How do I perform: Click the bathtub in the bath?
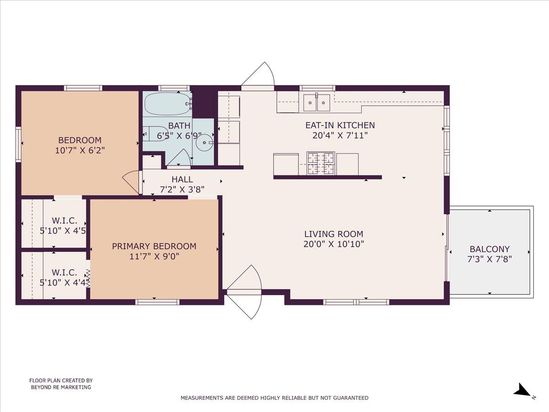point(167,104)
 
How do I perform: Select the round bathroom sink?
point(203,143)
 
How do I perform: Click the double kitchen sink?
point(317,102)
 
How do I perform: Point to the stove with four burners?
point(321,163)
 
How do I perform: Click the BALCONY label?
point(490,249)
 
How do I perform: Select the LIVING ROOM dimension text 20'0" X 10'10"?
point(334,244)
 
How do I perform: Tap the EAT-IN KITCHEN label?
point(340,125)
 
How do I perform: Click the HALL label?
point(182,179)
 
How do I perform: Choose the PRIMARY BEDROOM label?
point(154,246)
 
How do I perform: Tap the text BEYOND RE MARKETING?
point(61,387)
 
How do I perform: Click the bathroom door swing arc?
point(181,157)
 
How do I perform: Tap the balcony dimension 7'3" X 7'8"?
point(490,259)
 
